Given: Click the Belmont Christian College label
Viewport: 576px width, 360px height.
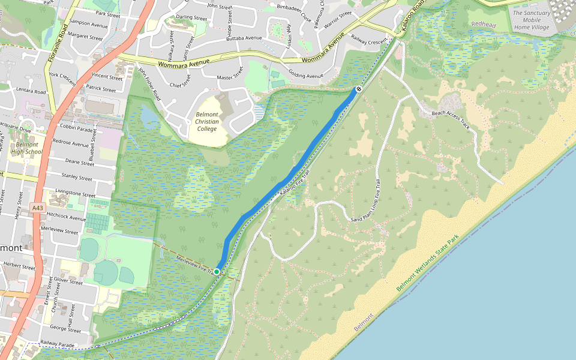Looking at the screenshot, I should pos(206,121).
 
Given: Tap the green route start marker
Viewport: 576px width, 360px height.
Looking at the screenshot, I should pos(217,272).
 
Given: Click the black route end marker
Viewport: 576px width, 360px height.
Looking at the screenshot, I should pos(358,89).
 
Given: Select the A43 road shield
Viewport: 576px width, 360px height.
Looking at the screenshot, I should pos(38,208).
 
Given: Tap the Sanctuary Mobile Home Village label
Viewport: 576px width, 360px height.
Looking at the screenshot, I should pos(531,20).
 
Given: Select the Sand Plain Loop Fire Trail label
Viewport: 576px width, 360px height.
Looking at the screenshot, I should pos(366,202).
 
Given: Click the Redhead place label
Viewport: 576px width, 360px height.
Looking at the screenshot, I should pos(484,24).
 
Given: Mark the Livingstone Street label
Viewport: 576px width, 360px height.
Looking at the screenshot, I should pos(75,195).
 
